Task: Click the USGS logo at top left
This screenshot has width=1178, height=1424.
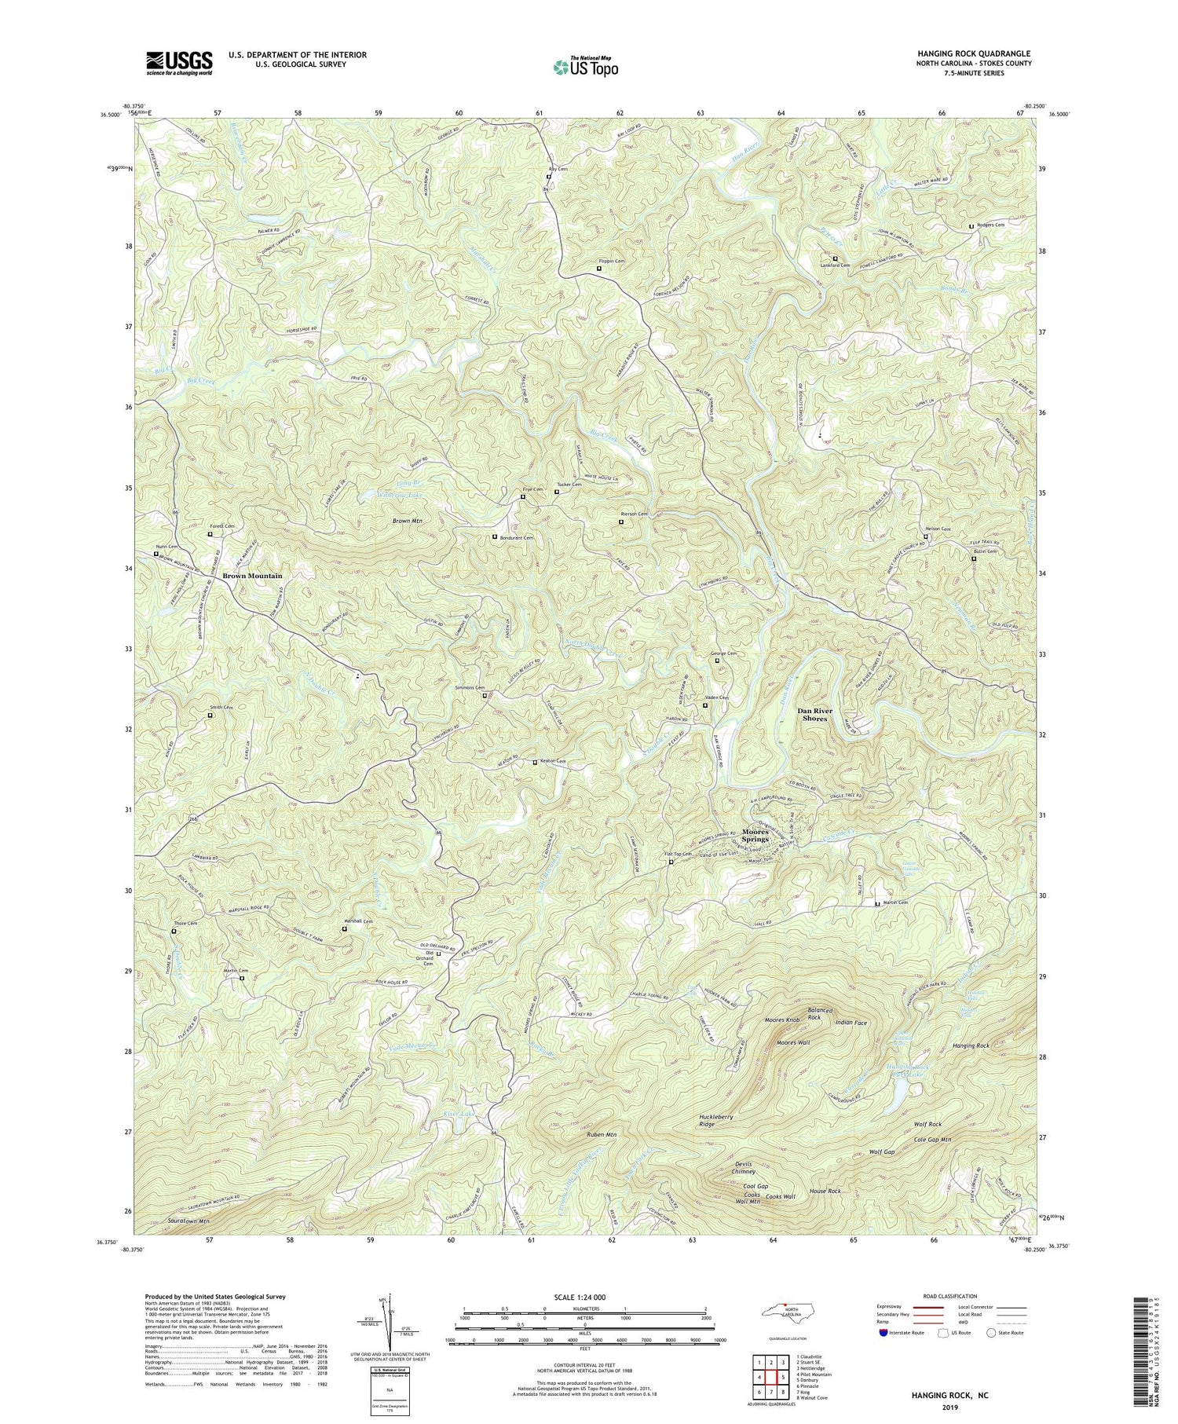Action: coord(179,63)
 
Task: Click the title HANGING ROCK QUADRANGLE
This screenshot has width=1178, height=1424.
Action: coord(974,53)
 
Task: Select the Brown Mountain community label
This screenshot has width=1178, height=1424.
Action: coord(251,576)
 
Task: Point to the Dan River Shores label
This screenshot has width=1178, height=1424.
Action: coord(825,714)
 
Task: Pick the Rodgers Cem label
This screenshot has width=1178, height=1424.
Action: coord(990,225)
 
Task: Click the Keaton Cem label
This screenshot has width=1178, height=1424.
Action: coord(554,762)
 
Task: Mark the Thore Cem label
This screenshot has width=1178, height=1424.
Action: coord(186,924)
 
